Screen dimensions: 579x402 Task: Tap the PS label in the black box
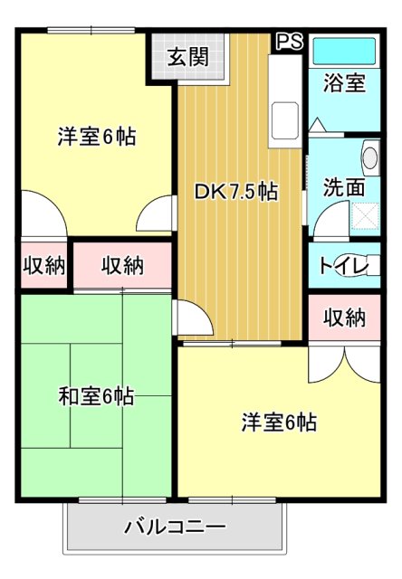coord(289,42)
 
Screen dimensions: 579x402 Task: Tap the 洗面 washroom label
coord(344,188)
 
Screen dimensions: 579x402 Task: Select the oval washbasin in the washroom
coord(369,157)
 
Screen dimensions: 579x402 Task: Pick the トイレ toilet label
coord(343,266)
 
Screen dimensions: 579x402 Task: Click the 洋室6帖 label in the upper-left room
coord(96,138)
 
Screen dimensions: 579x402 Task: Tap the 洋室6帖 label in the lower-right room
coord(278,422)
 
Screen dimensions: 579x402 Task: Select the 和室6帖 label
coord(96,396)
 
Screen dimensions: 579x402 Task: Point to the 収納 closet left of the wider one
coord(43,266)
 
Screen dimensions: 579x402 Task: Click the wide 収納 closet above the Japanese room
coord(121,266)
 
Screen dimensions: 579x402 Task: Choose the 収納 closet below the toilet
coord(344,318)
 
